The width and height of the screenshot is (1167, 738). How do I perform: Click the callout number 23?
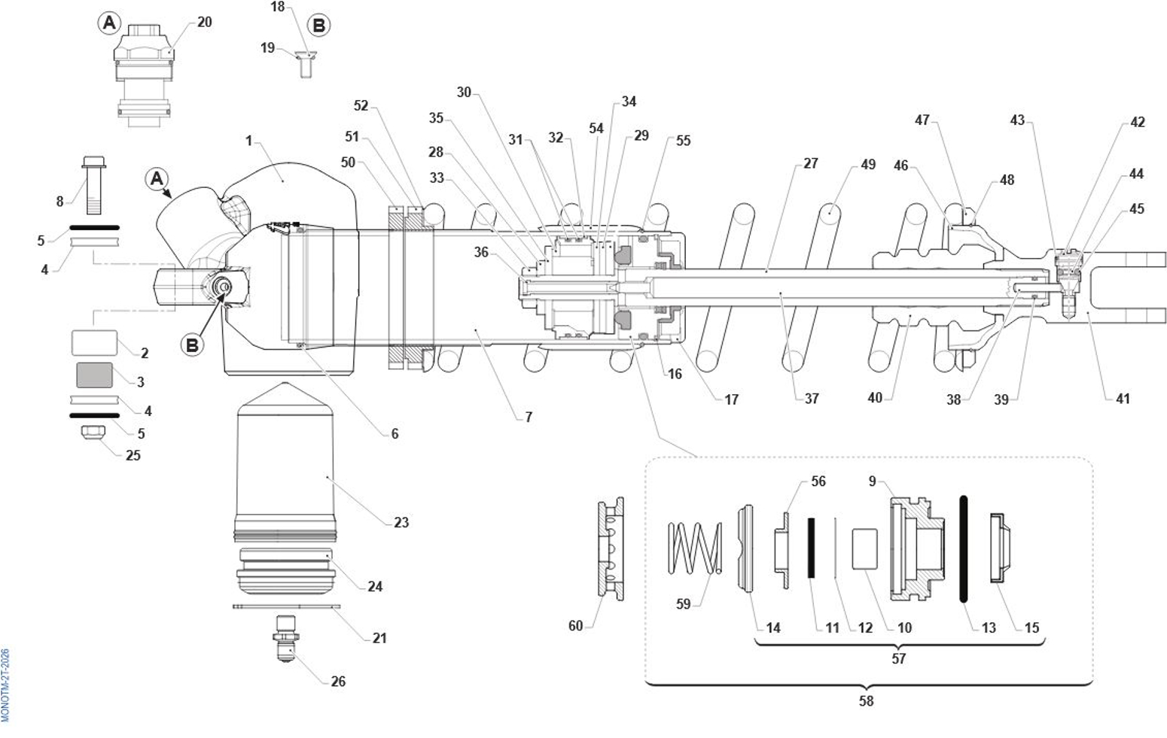click(x=401, y=522)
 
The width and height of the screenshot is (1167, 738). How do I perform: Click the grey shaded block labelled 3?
click(x=95, y=375)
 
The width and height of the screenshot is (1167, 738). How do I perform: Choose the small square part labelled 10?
click(x=865, y=548)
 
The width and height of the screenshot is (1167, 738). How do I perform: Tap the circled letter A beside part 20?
click(x=109, y=23)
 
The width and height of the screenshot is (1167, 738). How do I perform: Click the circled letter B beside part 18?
click(x=319, y=26)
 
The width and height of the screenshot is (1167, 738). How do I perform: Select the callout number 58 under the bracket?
click(x=866, y=700)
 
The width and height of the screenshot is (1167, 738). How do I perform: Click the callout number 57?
click(x=898, y=658)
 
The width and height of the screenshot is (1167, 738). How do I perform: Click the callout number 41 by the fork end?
click(x=1123, y=399)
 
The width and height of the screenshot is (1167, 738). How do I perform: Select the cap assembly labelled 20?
click(x=143, y=71)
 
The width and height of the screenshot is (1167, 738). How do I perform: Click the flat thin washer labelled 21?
click(x=286, y=606)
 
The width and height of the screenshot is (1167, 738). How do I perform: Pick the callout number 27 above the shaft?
click(x=810, y=163)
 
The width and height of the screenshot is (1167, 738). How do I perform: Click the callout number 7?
click(x=529, y=416)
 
